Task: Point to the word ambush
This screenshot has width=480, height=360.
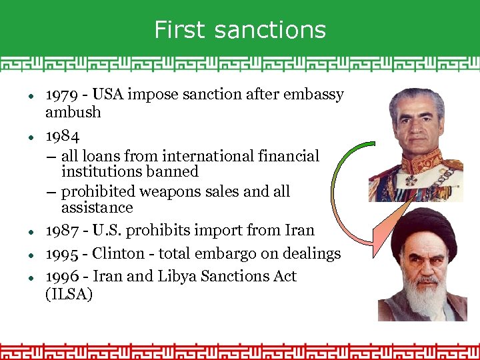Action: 73,112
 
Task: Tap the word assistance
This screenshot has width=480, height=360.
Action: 97,207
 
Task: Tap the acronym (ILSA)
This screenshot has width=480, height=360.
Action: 69,294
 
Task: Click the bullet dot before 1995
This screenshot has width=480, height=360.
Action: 31,255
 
